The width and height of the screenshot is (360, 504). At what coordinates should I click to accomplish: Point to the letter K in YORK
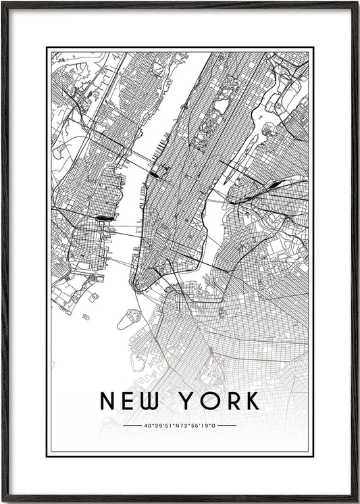click(251, 401)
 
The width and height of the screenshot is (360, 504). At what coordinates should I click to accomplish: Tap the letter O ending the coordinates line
click(216, 426)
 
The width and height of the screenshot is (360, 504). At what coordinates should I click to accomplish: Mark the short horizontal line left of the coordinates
click(133, 426)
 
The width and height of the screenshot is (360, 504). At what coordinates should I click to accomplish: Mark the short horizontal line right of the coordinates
click(228, 426)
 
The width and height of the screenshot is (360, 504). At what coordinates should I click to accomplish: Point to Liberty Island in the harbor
click(86, 316)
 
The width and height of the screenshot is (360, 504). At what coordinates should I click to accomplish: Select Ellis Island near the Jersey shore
click(93, 297)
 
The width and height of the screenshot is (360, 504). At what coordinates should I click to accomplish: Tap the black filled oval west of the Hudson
click(104, 218)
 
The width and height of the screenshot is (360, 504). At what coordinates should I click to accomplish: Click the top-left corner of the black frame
click(3, 3)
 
